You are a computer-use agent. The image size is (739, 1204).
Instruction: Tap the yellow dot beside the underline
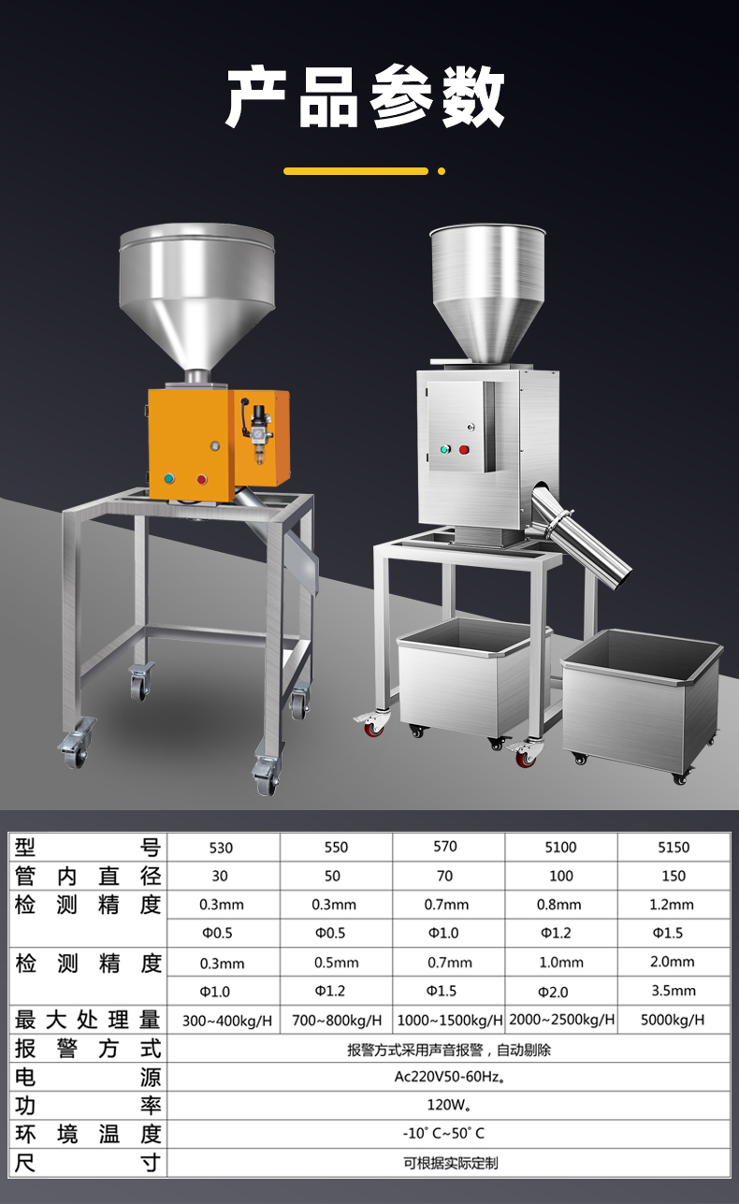point(442,171)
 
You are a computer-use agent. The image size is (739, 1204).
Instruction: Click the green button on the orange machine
point(169,478)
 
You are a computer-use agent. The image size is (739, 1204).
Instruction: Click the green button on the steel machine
point(445,449)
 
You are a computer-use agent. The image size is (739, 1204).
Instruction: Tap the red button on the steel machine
point(464,449)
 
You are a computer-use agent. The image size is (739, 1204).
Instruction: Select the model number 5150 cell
point(674,848)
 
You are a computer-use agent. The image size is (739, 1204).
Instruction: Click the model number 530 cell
point(221,849)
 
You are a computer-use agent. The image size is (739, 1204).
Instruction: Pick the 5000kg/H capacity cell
point(673,1020)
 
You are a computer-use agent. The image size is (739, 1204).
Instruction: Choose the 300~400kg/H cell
point(227,1021)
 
